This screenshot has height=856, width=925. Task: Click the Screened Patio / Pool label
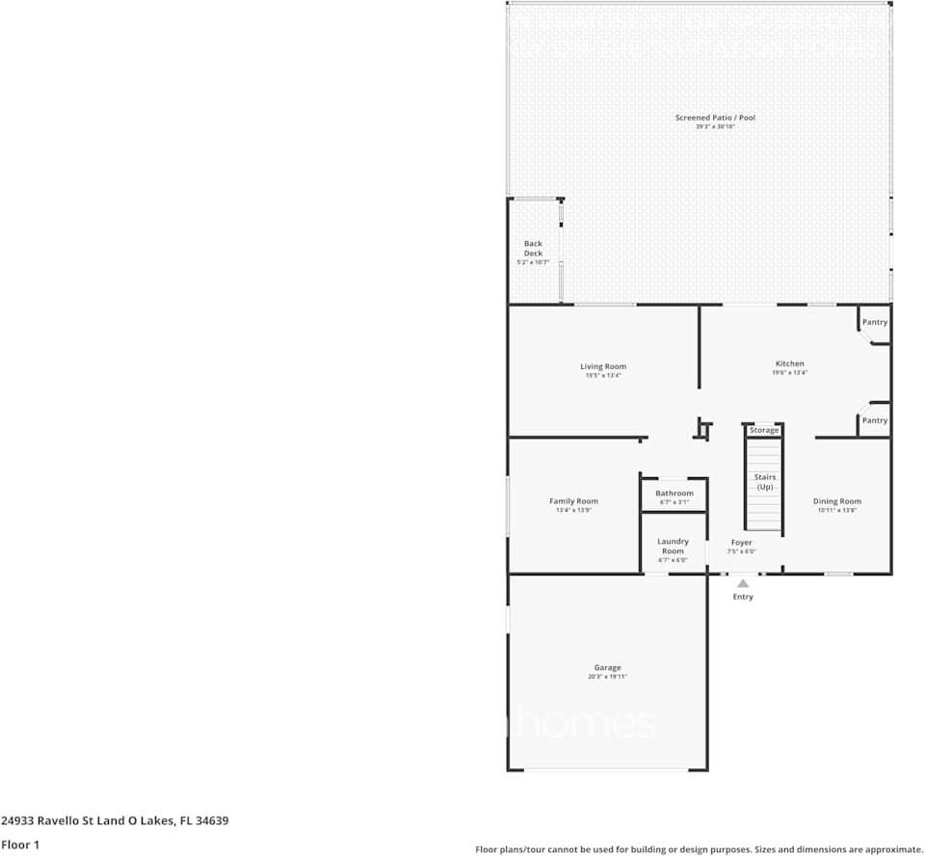715,118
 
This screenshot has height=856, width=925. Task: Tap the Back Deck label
533,249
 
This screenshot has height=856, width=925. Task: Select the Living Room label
603,366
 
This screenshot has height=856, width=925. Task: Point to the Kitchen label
789,363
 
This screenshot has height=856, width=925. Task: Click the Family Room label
573,501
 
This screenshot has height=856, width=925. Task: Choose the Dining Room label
836,501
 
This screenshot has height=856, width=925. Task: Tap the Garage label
607,667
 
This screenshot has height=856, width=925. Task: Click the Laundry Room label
673,547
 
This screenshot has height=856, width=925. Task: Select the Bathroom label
674,494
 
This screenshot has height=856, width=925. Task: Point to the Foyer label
741,543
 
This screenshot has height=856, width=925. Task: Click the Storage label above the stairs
764,430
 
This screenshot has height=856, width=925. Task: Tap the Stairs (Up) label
765,482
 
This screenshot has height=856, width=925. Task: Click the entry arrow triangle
743,583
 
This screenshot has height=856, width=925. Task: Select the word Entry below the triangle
743,597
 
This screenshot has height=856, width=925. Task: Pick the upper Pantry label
875,322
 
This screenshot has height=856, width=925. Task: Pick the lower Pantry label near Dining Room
875,420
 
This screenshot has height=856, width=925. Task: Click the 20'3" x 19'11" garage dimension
607,677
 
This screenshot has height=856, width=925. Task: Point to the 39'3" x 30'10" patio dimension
715,126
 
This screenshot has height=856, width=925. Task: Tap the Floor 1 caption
20,845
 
